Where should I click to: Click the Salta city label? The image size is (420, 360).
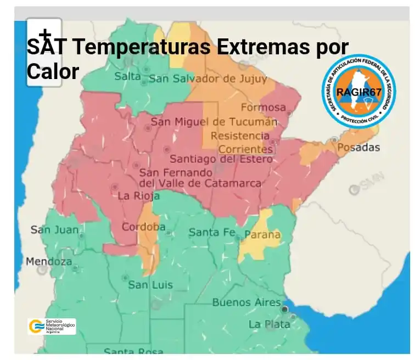127,76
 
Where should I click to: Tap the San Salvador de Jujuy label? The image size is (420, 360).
208,78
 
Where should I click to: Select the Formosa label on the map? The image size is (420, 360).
263,107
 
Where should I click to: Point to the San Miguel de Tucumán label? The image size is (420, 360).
214,121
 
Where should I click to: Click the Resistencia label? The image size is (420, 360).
240,135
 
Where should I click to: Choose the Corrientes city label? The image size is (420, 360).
245,149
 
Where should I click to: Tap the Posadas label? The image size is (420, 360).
358,148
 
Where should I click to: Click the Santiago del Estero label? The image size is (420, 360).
221,159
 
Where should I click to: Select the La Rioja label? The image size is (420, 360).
139,196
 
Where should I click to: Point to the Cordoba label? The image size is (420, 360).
143,227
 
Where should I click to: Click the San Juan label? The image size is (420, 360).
54,229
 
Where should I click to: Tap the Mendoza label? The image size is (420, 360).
49,261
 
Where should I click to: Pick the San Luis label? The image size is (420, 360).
150,285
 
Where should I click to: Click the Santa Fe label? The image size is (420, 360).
212,232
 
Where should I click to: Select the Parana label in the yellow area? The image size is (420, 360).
262,235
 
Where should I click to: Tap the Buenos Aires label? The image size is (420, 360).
247,302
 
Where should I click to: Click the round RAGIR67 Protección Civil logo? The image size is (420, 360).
359,91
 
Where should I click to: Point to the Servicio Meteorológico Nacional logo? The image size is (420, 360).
52,327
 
